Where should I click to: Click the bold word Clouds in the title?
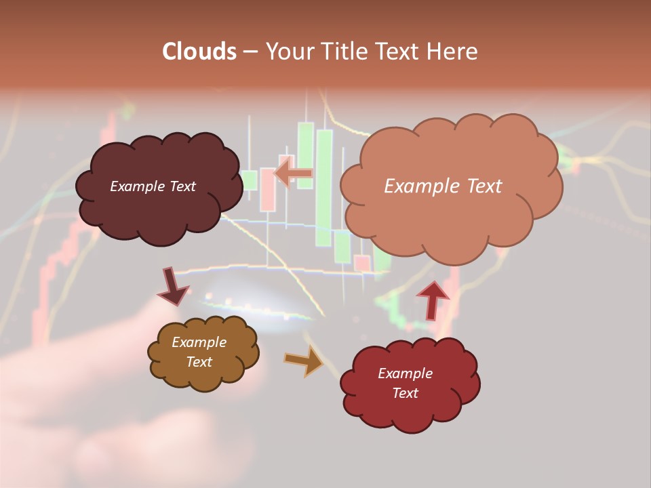(199, 52)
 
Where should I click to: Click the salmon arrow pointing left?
(293, 174)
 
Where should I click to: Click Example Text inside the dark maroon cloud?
(153, 186)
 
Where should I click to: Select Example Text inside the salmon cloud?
(443, 186)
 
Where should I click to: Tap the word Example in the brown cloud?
(199, 342)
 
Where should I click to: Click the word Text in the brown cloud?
(199, 362)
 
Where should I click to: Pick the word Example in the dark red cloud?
(405, 373)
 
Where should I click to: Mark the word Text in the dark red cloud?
(405, 393)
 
